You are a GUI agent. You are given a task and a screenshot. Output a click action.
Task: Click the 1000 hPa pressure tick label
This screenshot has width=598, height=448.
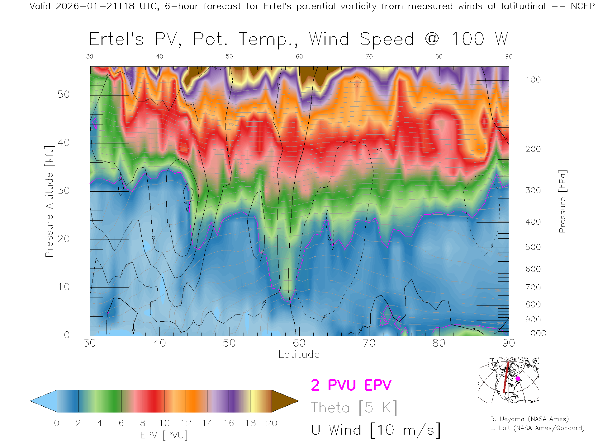536,334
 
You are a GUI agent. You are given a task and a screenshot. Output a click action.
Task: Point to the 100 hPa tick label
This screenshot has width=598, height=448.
533,80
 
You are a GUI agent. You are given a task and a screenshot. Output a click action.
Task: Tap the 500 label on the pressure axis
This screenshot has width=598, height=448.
533,247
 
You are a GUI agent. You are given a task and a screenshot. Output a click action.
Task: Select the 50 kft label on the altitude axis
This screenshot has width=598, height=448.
64,94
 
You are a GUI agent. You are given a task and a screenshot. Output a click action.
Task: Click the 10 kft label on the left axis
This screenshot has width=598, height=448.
64,287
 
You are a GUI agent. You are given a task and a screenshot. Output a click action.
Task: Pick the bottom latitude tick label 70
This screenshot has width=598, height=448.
369,343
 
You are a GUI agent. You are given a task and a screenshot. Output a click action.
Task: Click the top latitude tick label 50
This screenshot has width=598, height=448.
229,56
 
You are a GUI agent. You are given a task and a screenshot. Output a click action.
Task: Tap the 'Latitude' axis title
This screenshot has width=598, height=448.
299,354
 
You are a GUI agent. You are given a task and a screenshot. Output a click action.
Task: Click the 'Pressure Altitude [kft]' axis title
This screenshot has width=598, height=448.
49,201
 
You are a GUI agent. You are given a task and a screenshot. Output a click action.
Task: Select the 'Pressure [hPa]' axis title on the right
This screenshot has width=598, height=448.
562,201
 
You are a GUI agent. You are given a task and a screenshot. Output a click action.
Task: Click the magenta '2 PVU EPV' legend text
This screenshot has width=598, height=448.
351,385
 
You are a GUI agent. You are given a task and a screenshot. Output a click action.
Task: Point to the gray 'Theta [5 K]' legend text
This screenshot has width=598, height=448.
354,408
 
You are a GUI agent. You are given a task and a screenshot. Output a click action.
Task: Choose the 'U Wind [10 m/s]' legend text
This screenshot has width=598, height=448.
376,430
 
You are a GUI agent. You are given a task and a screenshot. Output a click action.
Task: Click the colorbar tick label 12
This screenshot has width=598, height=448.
186,423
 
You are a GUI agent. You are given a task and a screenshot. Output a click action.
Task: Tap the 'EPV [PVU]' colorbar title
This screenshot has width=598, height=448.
164,435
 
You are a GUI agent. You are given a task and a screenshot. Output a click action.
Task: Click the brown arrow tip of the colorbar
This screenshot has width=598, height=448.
290,401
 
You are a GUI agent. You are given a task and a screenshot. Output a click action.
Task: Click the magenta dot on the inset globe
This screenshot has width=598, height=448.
518,379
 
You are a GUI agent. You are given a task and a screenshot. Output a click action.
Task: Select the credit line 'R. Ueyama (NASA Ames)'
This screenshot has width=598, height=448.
529,419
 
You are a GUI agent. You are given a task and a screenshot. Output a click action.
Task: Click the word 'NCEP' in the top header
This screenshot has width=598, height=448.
582,6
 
